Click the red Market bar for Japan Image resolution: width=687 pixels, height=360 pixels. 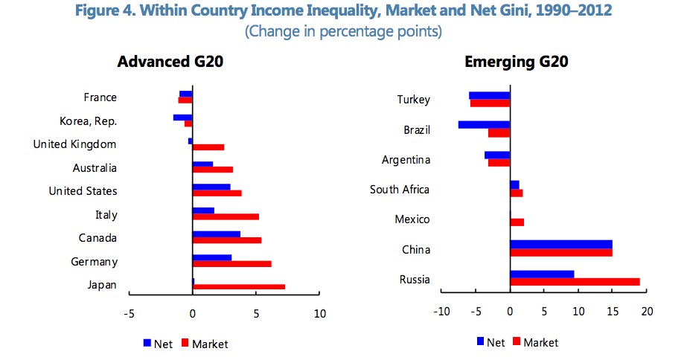point(238,286)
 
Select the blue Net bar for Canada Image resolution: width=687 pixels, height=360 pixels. point(216,234)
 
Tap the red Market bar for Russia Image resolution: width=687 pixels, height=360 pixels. point(575,282)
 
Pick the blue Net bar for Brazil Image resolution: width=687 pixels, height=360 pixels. point(484,124)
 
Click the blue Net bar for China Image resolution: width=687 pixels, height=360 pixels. point(560,244)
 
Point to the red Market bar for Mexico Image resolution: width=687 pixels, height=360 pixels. point(517,222)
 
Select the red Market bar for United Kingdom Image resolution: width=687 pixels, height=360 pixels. point(208,147)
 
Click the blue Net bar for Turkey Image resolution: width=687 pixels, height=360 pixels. point(489,95)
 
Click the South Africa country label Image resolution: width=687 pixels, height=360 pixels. point(400,190)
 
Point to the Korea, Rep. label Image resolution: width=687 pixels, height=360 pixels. point(88,121)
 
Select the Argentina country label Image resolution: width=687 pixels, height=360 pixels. point(405,159)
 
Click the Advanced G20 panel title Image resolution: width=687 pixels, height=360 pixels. point(170,62)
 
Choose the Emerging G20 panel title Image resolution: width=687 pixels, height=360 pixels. point(517,62)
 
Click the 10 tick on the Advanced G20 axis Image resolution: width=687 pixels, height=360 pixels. point(320,313)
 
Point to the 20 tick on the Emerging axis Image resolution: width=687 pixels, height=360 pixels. point(646,312)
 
